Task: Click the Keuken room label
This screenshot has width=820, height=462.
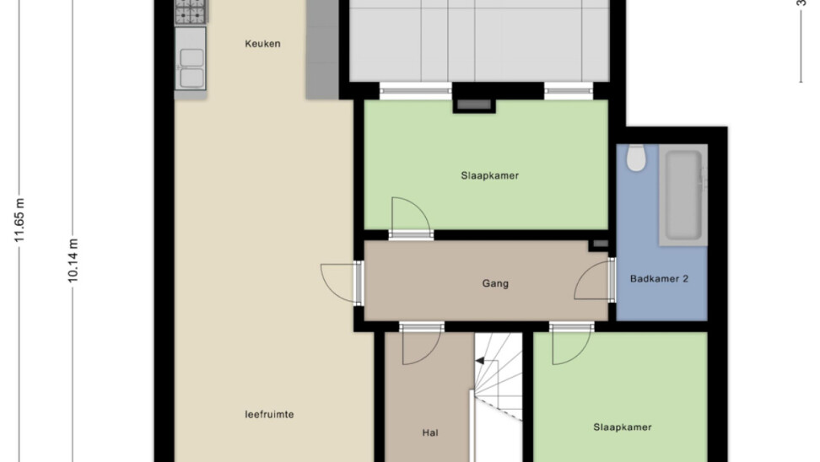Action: [262, 44]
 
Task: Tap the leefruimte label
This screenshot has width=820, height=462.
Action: [269, 415]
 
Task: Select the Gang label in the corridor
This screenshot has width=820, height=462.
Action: [495, 284]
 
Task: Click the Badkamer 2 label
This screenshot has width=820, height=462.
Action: [659, 278]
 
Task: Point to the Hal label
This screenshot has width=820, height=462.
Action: [430, 432]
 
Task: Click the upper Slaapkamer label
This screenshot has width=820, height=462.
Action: [489, 175]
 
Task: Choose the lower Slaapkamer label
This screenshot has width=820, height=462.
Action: [623, 427]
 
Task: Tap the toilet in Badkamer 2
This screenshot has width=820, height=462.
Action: [636, 158]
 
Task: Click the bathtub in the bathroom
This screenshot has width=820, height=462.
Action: [682, 195]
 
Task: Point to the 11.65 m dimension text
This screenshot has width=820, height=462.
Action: [19, 220]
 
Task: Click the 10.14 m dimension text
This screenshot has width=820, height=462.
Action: [73, 261]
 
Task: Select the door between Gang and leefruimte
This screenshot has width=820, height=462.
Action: [342, 283]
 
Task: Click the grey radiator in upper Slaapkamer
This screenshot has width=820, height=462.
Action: [474, 105]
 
